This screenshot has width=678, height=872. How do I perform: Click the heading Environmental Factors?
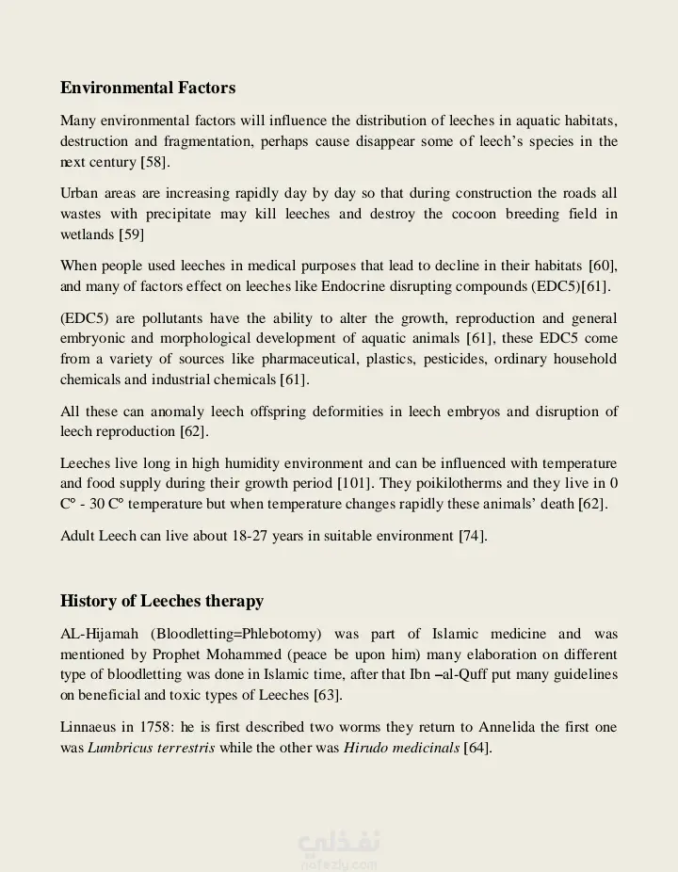148,88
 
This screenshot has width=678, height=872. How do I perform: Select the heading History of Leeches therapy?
162,601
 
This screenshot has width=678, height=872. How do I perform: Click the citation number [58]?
154,162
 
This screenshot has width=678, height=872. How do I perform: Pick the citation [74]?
472,536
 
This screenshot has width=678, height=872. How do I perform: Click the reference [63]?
327,695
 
